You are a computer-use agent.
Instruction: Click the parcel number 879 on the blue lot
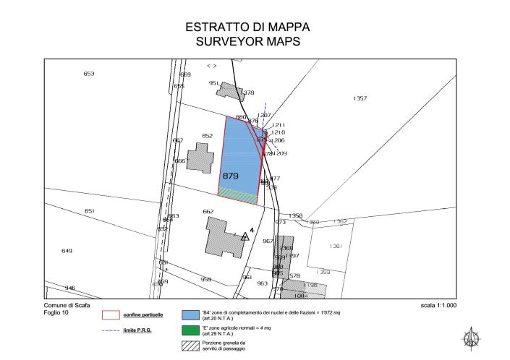tap(231, 176)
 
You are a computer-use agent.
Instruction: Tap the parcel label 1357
tap(360, 98)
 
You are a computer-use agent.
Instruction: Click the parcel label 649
tap(67, 250)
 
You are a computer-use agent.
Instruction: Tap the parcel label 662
tap(208, 211)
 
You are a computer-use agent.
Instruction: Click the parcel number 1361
tap(336, 247)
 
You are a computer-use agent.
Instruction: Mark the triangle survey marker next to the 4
tap(245, 236)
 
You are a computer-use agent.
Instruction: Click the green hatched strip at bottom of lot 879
tap(239, 192)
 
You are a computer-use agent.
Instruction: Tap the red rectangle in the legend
tap(111, 314)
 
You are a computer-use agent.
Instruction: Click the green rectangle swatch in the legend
tap(190, 330)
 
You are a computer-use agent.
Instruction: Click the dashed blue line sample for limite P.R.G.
tap(111, 330)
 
